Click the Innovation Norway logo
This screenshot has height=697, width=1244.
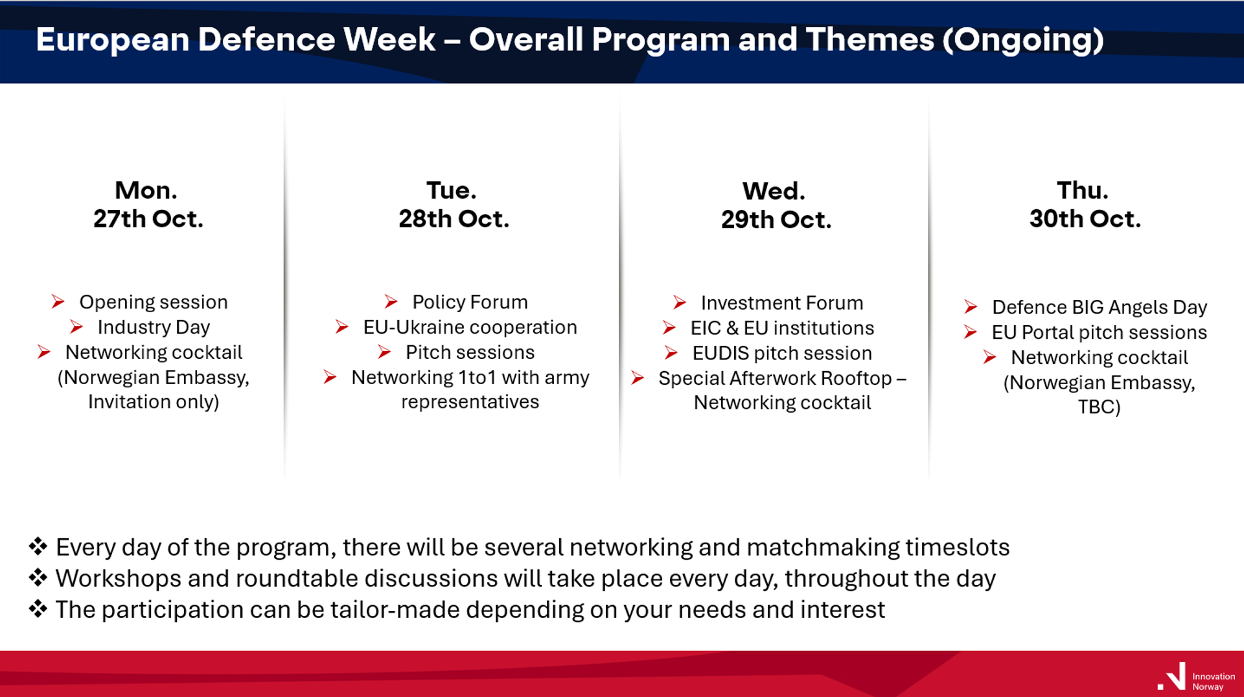1196,678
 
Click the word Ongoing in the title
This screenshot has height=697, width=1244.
1023,41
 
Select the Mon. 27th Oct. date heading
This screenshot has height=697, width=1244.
148,204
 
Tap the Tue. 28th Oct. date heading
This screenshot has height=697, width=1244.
454,204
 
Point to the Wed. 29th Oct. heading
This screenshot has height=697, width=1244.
776,205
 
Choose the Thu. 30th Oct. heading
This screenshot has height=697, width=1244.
1085,204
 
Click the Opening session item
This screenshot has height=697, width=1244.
154,302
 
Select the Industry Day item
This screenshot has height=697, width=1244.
154,327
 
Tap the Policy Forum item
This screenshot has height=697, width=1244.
470,302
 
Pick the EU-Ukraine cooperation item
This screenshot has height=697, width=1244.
470,327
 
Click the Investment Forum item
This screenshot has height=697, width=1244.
782,303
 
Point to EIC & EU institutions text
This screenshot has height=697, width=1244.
782,328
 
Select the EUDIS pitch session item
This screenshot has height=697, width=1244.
782,353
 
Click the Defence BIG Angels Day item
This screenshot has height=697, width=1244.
1100,307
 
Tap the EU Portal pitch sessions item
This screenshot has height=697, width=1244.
1100,332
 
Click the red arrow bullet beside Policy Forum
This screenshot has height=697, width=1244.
391,301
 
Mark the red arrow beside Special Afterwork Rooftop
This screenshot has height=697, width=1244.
638,378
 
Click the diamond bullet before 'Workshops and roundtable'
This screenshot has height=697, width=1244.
38,577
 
